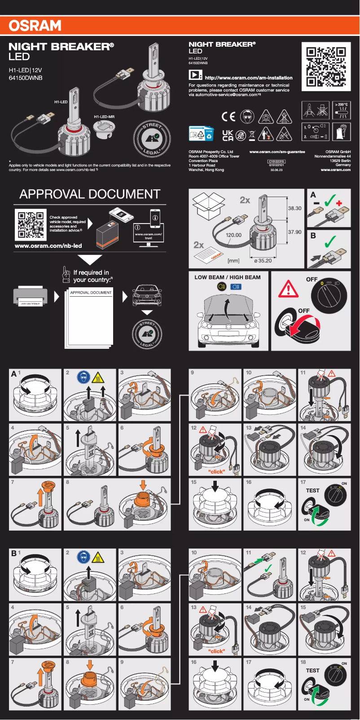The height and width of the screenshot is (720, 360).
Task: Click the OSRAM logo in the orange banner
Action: tap(35, 26)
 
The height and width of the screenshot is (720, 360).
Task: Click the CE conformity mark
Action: tap(228, 117)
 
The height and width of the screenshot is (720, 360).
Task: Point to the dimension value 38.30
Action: tap(294, 208)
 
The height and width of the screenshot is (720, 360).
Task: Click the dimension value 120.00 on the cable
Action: tap(233, 235)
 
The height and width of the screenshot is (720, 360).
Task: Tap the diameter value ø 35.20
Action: tap(263, 261)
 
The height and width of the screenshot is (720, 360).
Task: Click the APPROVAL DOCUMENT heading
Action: tap(90, 194)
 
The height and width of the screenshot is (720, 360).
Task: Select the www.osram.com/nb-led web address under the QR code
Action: tap(48, 246)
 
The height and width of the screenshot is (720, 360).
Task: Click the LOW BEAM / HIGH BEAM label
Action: tap(227, 277)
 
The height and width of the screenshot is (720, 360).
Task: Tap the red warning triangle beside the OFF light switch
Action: tap(288, 289)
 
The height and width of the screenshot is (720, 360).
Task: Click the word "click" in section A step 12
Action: tap(216, 472)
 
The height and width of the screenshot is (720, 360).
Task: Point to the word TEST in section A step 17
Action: tap(312, 491)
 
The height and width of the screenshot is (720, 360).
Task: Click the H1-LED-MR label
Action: tap(104, 117)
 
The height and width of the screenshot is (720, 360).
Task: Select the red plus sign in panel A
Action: tap(339, 203)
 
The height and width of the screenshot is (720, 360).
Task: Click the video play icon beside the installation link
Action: tap(195, 75)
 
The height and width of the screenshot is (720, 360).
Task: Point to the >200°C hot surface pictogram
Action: tap(341, 110)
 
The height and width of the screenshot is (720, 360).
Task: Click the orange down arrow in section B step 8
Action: tap(90, 665)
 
